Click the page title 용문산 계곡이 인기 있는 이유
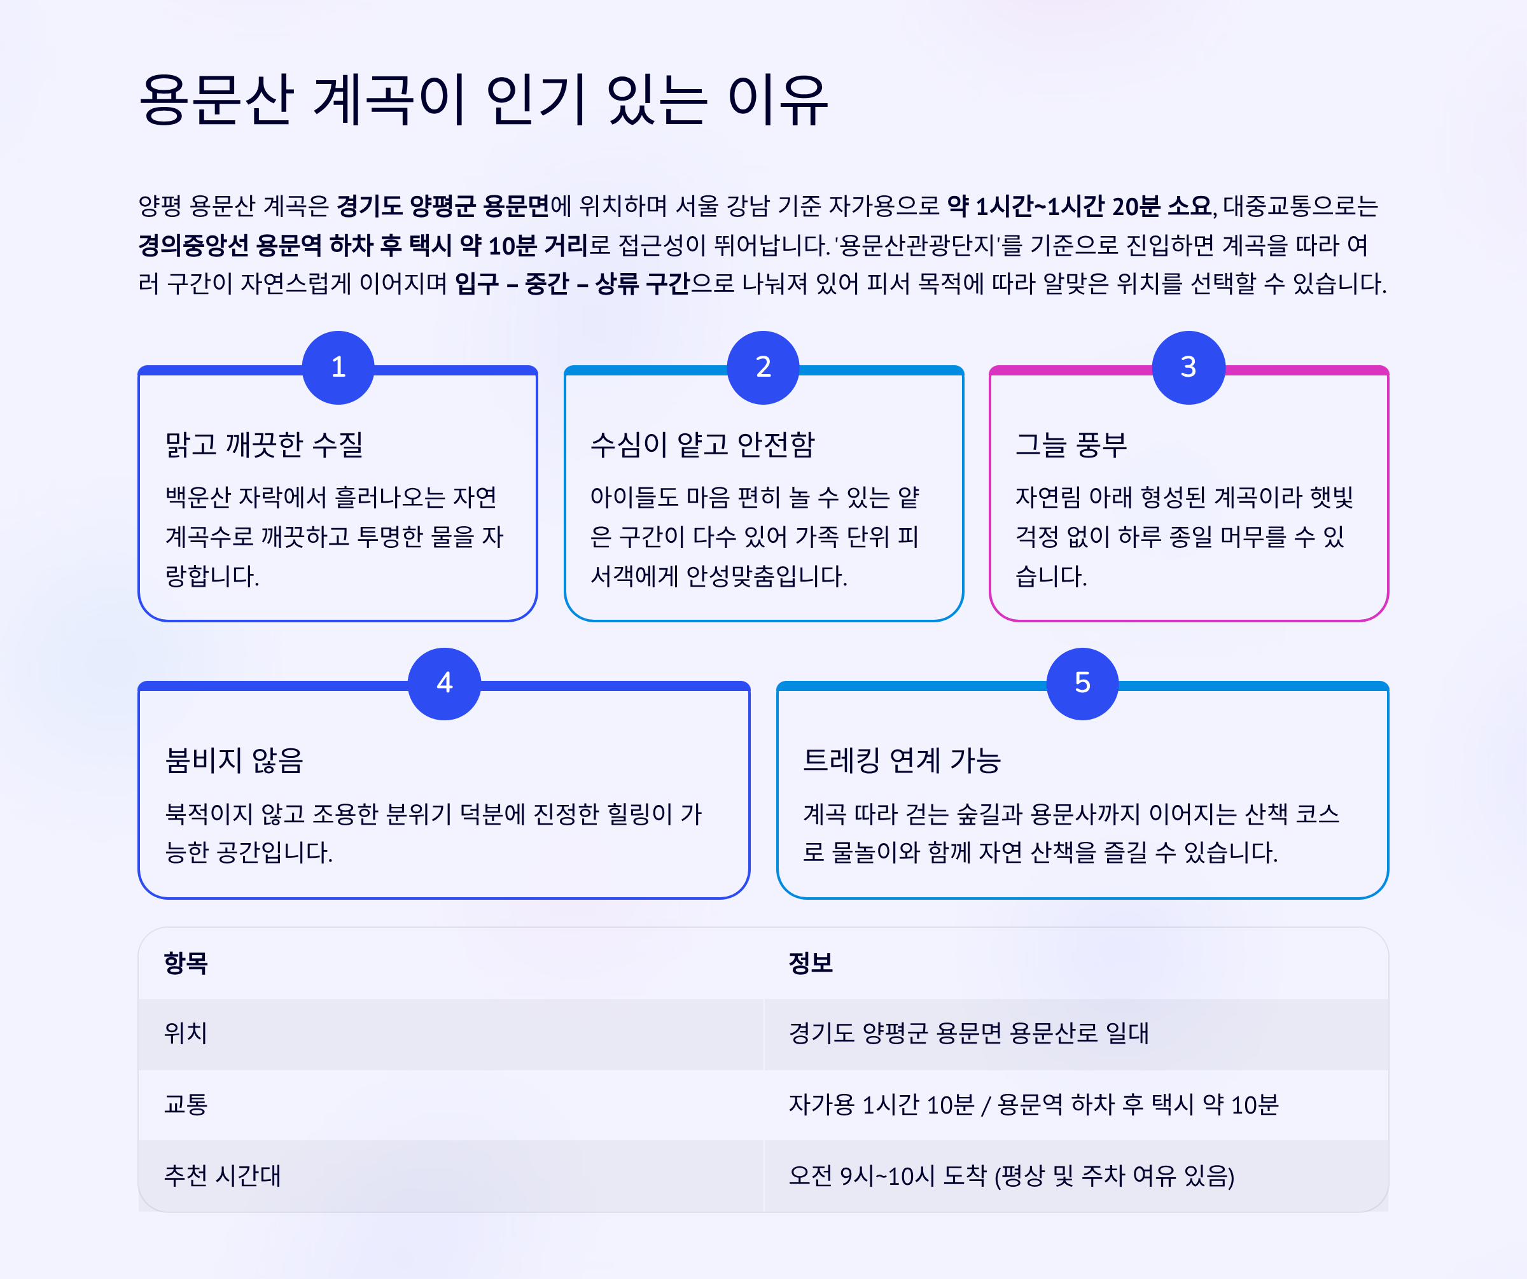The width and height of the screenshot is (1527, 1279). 484,100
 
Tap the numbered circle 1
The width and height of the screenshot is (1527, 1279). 338,367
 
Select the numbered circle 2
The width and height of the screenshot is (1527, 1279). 763,367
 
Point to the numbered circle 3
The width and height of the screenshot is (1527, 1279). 1188,367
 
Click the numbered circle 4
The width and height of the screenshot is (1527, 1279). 444,683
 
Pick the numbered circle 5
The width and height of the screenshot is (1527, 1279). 1082,683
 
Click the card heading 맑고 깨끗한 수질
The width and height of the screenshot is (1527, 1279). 264,444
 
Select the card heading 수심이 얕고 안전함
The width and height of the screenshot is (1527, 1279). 702,444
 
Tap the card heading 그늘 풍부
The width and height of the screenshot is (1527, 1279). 1071,444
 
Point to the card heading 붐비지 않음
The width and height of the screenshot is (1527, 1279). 234,760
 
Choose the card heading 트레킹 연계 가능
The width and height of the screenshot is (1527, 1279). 902,760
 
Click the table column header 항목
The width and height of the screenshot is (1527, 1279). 186,963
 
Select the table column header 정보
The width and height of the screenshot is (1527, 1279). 811,963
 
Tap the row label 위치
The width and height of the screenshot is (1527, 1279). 186,1033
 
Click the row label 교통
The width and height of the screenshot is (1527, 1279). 186,1105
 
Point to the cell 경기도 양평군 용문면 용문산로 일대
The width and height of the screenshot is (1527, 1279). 968,1033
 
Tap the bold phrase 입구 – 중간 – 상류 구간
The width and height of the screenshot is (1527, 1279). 572,284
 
